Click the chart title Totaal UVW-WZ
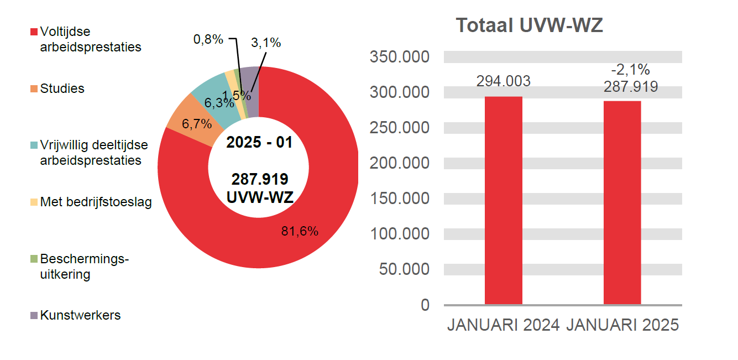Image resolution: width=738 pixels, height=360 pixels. tap(529, 25)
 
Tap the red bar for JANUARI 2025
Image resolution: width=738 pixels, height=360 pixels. tap(622, 202)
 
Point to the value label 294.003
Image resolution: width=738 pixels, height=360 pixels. tap(503, 81)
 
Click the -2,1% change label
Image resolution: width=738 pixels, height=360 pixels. tap(630, 70)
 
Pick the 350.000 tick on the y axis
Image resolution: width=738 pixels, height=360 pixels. tap(399, 57)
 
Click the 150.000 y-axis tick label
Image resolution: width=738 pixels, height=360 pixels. tap(399, 199)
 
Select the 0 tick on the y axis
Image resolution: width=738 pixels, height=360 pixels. tap(425, 305)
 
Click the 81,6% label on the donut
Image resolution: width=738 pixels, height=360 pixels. tap(300, 232)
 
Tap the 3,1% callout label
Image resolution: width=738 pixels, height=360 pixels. tap(266, 43)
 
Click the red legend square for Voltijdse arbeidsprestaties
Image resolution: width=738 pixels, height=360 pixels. tap(34, 32)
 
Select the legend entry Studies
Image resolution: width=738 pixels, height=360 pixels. tap(62, 88)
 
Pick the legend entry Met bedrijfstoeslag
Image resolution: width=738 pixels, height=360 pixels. tap(95, 202)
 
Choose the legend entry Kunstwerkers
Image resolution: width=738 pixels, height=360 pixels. tap(80, 315)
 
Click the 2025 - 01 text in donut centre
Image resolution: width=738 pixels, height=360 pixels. tap(259, 142)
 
